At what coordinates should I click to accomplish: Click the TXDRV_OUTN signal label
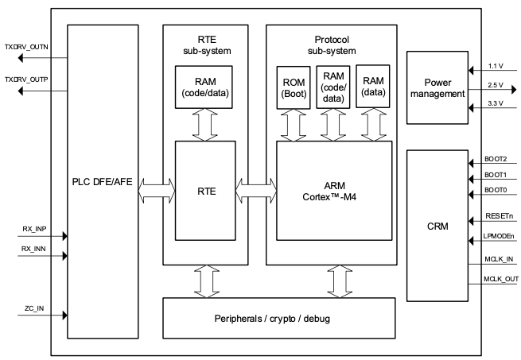[26, 47]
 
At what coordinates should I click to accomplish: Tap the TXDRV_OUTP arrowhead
[20, 91]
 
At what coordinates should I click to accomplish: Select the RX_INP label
[34, 229]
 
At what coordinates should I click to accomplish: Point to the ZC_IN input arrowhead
[64, 315]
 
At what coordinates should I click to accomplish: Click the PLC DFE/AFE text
[102, 182]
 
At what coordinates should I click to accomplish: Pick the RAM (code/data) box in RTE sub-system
[204, 87]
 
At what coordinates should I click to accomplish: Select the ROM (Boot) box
[294, 87]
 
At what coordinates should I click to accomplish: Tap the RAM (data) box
[373, 87]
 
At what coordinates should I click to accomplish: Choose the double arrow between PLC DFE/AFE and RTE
[157, 191]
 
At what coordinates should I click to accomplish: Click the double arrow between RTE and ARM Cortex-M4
[256, 191]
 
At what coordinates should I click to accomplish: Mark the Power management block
[437, 87]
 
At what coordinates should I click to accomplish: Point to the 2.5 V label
[496, 85]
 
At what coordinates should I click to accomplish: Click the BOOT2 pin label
[496, 159]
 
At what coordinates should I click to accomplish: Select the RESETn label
[499, 216]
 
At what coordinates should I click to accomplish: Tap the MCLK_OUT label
[501, 279]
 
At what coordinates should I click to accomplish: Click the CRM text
[437, 226]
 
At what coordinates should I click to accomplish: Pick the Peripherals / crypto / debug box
[279, 318]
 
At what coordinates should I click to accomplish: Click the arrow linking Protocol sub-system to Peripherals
[340, 281]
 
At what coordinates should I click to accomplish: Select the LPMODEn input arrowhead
[471, 241]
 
